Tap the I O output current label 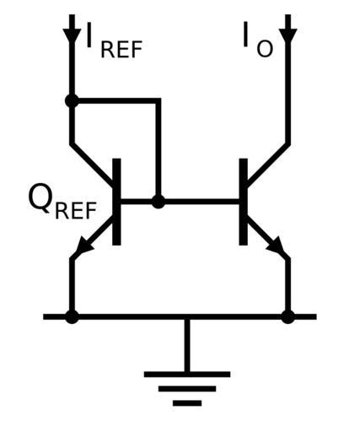(x=258, y=40)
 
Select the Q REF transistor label (x=62, y=201)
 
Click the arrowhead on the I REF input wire (x=72, y=35)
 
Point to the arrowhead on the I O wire (x=287, y=35)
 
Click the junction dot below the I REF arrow (x=72, y=100)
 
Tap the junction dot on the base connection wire (x=159, y=202)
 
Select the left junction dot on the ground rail (x=72, y=316)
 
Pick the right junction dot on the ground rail (x=287, y=316)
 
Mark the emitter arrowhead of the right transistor (x=276, y=245)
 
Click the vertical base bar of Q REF (x=116, y=202)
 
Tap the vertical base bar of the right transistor (x=244, y=202)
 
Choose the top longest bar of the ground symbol (x=187, y=375)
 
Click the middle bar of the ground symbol (x=187, y=389)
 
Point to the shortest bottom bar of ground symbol (x=187, y=403)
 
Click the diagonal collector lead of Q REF (x=92, y=165)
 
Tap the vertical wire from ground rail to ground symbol (x=187, y=345)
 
